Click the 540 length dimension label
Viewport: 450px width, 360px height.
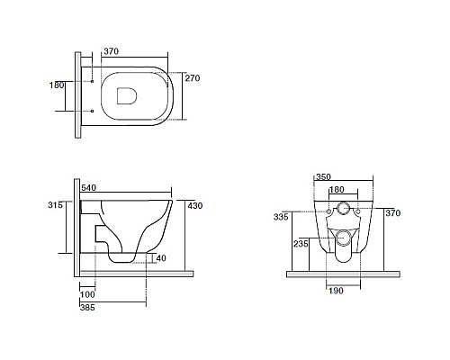(x=88, y=188)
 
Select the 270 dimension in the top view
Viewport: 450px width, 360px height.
(x=193, y=78)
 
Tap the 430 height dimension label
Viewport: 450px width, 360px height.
(x=195, y=206)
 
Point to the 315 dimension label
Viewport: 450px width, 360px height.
(x=56, y=205)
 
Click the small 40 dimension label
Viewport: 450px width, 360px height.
(x=161, y=258)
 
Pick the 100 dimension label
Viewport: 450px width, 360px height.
(x=87, y=294)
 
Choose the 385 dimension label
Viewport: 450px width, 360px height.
(x=87, y=308)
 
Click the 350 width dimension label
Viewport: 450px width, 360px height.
(x=323, y=177)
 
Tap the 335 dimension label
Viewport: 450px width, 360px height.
(x=281, y=217)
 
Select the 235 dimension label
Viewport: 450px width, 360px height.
(x=301, y=244)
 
